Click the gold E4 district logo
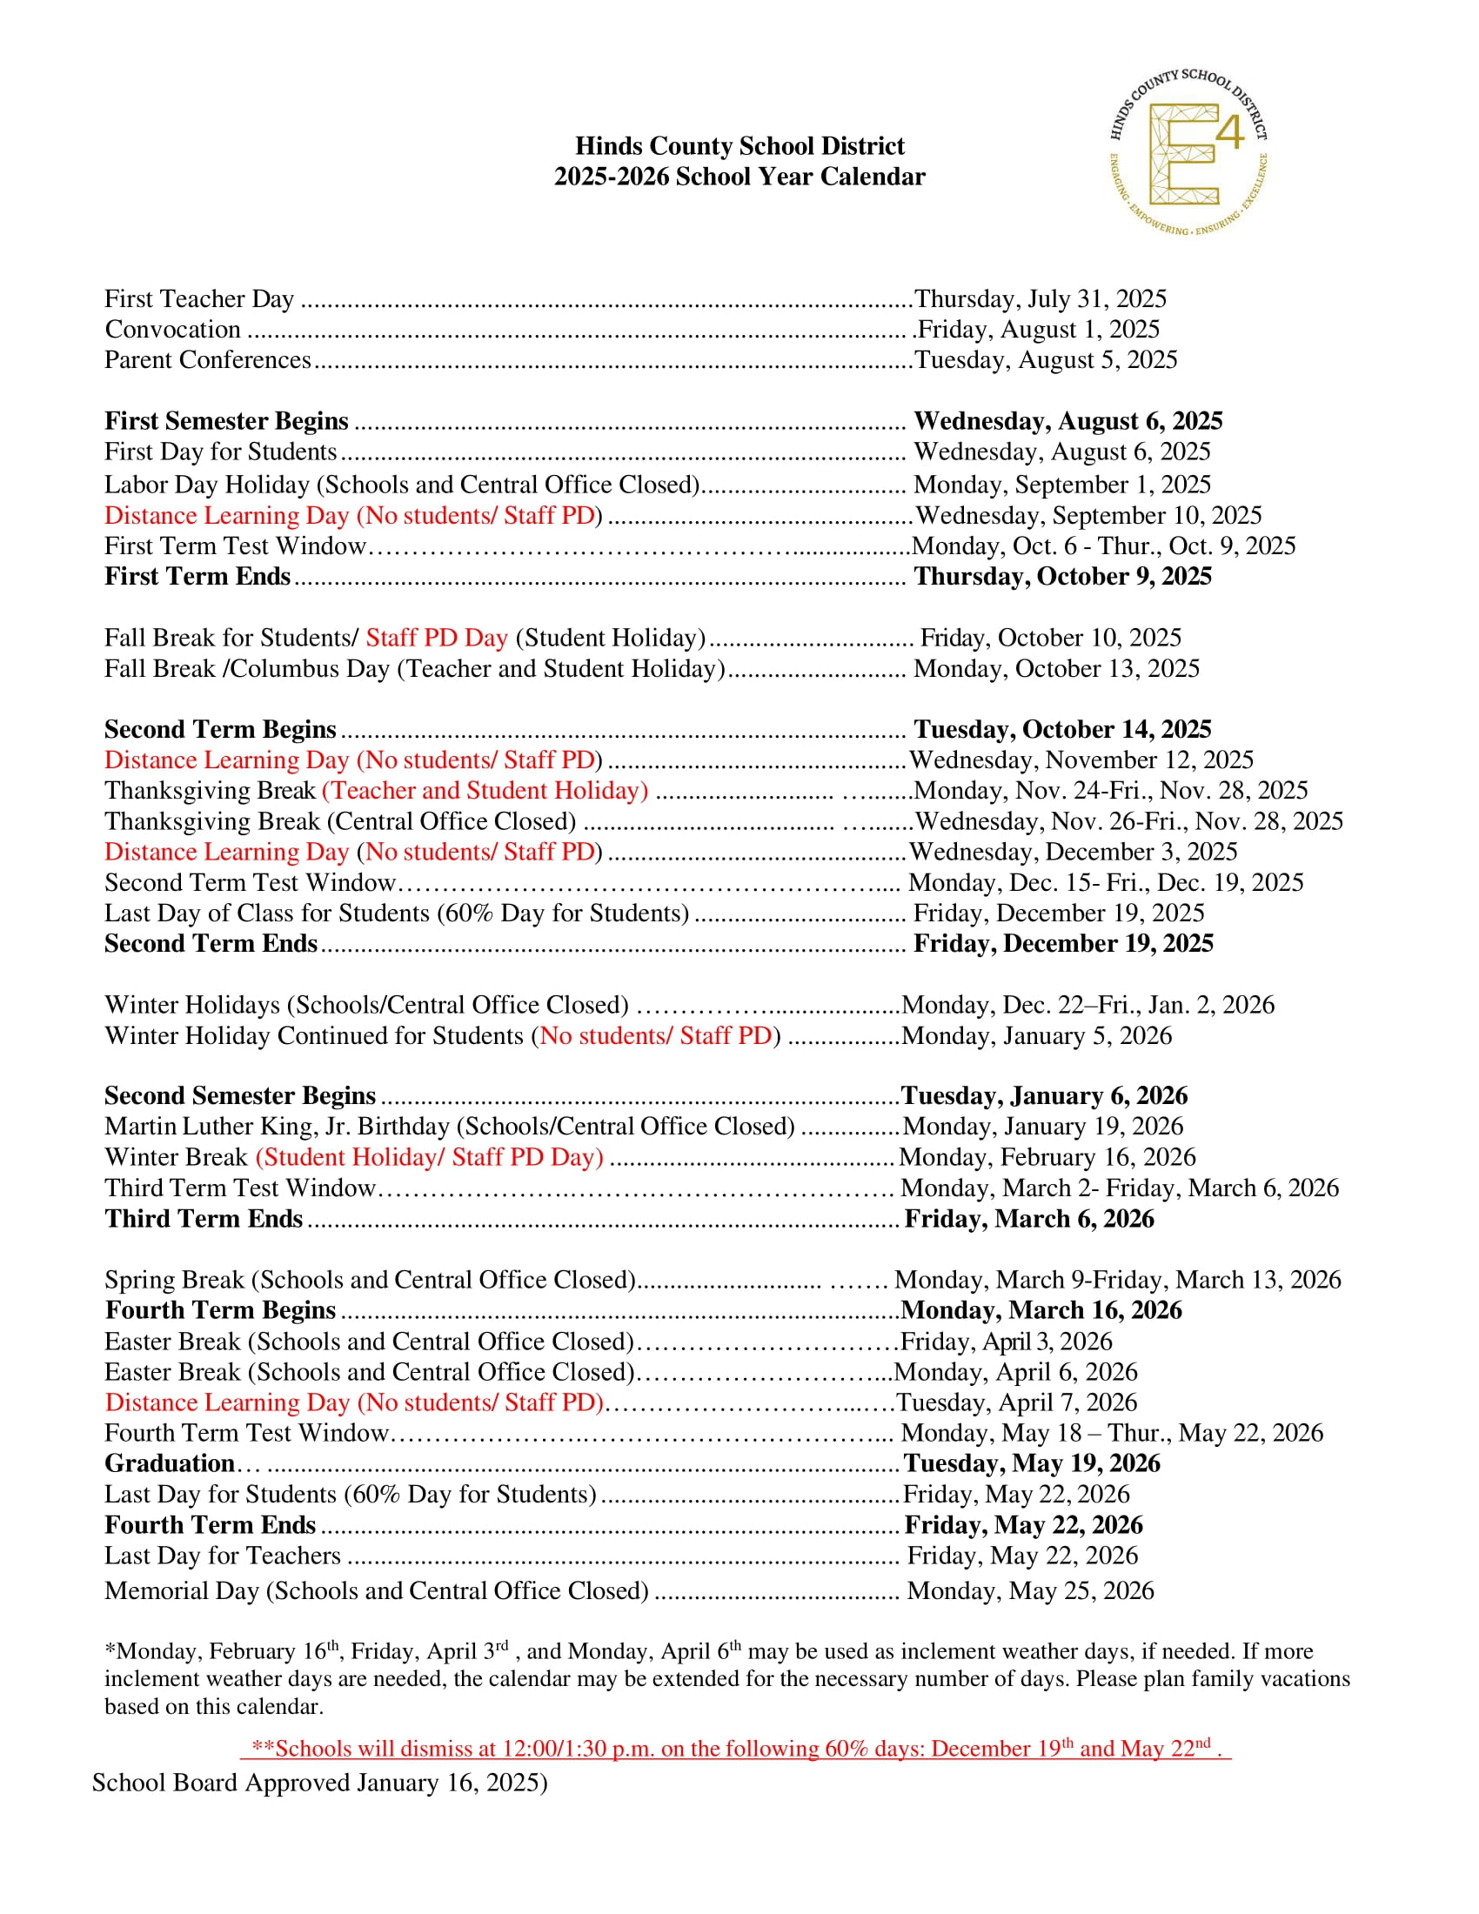1188,152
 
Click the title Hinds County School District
739,145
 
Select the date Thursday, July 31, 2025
1040,298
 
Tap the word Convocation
172,330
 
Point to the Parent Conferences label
208,360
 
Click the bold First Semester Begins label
226,422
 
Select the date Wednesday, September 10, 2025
1088,515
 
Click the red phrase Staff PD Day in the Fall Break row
437,638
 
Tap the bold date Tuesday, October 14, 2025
1062,729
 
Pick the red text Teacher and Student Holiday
485,791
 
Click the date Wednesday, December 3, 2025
1074,852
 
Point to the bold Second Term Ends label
211,944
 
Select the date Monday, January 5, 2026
1036,1036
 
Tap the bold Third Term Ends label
204,1219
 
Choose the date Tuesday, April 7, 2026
1016,1402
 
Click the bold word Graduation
169,1463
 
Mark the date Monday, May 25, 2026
1030,1590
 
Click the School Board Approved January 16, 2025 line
320,1783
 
